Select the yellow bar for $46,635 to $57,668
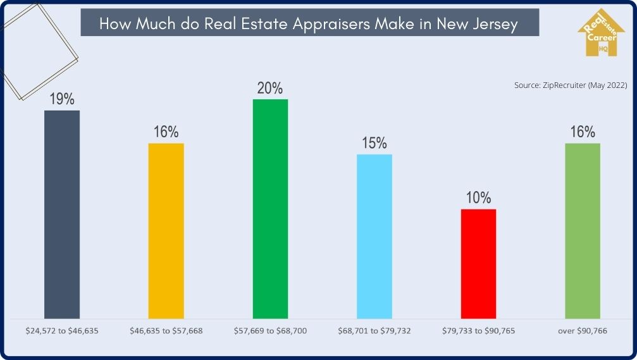(166, 230)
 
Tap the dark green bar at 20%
(270, 208)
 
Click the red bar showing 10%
(478, 263)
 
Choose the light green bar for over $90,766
(583, 230)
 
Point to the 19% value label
(62, 99)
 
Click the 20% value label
(270, 88)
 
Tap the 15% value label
(374, 143)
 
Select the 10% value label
(478, 197)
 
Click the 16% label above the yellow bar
(166, 132)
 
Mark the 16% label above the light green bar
(583, 132)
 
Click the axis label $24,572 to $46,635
(62, 330)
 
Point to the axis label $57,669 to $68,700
(270, 330)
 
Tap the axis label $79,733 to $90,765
(478, 330)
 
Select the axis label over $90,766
(583, 330)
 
